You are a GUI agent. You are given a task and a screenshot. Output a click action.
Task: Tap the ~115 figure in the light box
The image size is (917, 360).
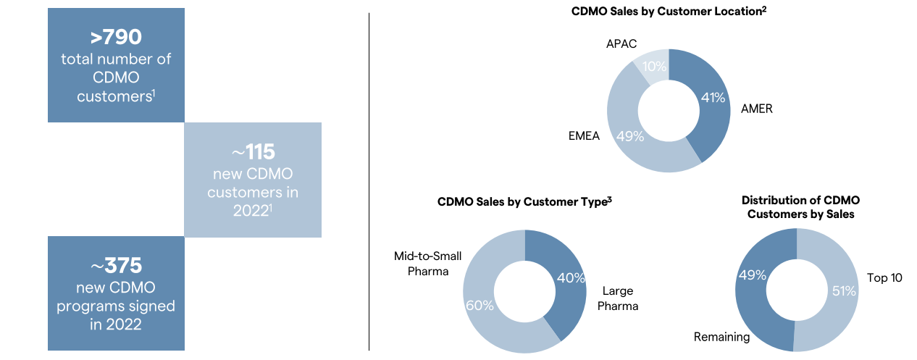[x=252, y=152]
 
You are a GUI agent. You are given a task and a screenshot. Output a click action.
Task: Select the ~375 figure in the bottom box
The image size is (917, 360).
[x=116, y=264]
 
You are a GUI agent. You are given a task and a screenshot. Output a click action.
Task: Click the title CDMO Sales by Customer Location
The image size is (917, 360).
[x=669, y=12]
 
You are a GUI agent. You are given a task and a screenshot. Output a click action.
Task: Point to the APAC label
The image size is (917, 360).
[x=621, y=44]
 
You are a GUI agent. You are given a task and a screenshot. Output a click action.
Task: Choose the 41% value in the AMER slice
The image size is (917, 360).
[x=713, y=97]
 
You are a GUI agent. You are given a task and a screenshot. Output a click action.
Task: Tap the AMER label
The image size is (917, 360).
[x=757, y=109]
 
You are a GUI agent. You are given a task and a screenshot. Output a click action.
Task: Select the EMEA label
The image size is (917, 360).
[x=584, y=135]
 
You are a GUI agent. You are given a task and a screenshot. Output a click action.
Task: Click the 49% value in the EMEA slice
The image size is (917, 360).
[x=629, y=135]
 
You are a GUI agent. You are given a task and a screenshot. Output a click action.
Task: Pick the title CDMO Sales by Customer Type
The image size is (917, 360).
[x=525, y=202]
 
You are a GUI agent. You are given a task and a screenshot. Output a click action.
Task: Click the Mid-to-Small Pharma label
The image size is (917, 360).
[x=427, y=264]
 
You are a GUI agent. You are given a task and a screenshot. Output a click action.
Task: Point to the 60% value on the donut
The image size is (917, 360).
[x=480, y=305]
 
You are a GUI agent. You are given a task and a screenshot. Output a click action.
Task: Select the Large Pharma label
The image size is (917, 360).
[x=618, y=298]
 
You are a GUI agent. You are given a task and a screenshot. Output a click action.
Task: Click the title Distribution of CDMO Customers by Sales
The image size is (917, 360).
[x=800, y=206]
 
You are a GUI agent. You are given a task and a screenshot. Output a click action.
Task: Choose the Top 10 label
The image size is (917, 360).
[x=884, y=277]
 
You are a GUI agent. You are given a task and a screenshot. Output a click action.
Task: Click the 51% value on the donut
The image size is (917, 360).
[x=844, y=291]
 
